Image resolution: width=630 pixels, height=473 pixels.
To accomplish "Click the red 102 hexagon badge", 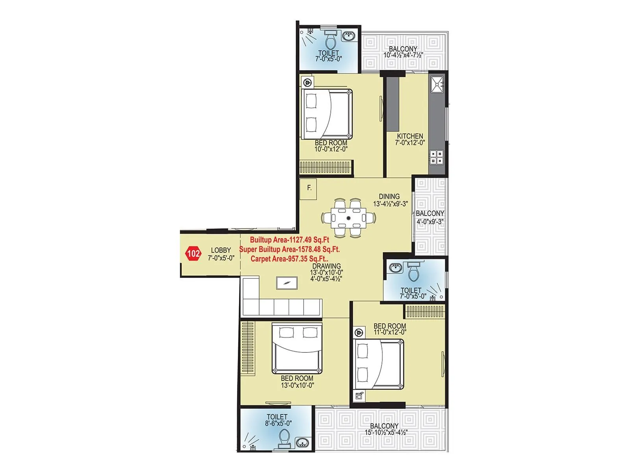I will click(193, 253).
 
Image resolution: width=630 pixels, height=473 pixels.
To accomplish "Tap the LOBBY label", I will click(221, 250).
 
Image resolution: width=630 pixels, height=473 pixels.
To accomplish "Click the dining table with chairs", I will click(348, 218).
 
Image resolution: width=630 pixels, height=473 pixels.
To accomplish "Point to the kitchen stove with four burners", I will click(437, 157).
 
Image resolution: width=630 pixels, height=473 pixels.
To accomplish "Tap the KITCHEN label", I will click(410, 136).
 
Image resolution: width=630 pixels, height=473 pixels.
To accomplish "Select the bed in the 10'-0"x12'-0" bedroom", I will click(327, 114).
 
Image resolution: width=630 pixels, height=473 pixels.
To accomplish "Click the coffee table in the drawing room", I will click(287, 283).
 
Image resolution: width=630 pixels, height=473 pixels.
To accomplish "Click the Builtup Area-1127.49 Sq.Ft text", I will click(289, 240).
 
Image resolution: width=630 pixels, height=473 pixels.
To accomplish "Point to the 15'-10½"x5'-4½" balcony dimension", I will click(385, 432).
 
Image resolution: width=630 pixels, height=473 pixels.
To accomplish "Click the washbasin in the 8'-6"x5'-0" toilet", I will click(301, 442).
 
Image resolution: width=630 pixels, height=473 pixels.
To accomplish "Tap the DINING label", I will click(389, 196).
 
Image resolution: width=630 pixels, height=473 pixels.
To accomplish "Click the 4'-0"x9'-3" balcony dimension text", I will click(430, 222).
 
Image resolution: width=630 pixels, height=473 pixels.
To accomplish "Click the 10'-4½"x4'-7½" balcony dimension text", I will click(403, 55).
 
